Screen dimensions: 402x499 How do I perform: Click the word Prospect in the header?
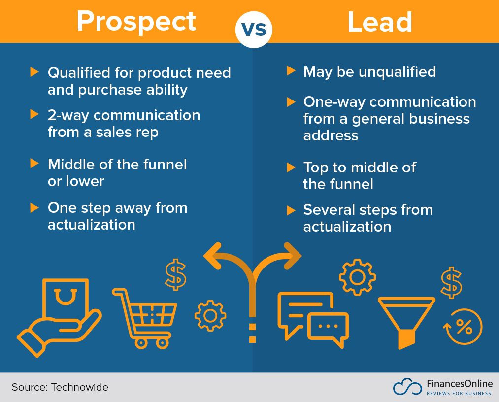point(136,22)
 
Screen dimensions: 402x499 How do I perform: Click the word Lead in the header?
point(379,22)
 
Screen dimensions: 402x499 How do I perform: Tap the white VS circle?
point(254,29)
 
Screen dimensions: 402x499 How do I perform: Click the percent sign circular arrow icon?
point(463,327)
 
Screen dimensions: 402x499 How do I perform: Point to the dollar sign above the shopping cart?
point(175,275)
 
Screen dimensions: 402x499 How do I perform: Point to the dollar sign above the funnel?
point(451,283)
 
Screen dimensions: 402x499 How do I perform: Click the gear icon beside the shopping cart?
point(210,315)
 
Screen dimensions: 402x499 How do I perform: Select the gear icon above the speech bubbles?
point(357,276)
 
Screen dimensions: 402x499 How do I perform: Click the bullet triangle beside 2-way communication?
point(34,114)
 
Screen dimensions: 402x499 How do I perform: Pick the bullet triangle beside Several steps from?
point(291,211)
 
